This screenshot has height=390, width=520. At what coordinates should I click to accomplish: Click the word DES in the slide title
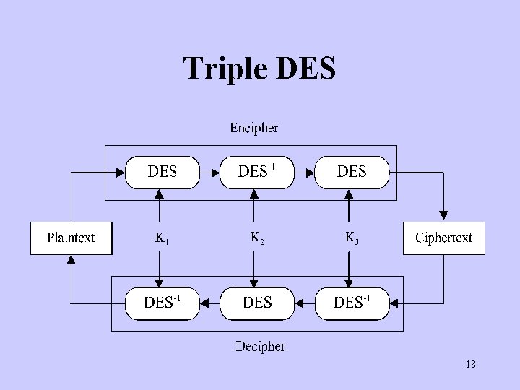click(305, 69)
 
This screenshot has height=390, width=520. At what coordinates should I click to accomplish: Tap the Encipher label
click(253, 128)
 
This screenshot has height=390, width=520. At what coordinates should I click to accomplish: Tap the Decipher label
click(260, 347)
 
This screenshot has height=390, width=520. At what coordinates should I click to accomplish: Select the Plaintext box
click(71, 238)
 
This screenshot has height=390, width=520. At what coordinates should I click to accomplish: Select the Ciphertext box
click(443, 238)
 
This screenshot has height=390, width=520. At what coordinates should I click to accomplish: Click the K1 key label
click(161, 238)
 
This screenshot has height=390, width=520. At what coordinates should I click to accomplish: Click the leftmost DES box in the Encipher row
click(162, 172)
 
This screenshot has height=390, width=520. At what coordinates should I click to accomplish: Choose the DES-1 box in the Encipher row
click(256, 172)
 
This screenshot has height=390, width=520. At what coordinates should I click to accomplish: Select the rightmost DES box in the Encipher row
click(352, 172)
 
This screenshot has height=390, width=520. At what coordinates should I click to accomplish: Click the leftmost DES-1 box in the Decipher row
click(162, 303)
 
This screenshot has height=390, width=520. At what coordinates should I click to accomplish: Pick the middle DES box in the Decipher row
click(256, 303)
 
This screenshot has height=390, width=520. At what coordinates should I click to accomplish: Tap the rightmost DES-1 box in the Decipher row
click(352, 303)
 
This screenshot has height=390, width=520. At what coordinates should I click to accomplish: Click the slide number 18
click(470, 365)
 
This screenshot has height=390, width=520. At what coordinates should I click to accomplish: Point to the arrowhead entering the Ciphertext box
click(443, 215)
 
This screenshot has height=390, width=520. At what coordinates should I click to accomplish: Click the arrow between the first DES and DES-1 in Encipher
click(209, 173)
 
